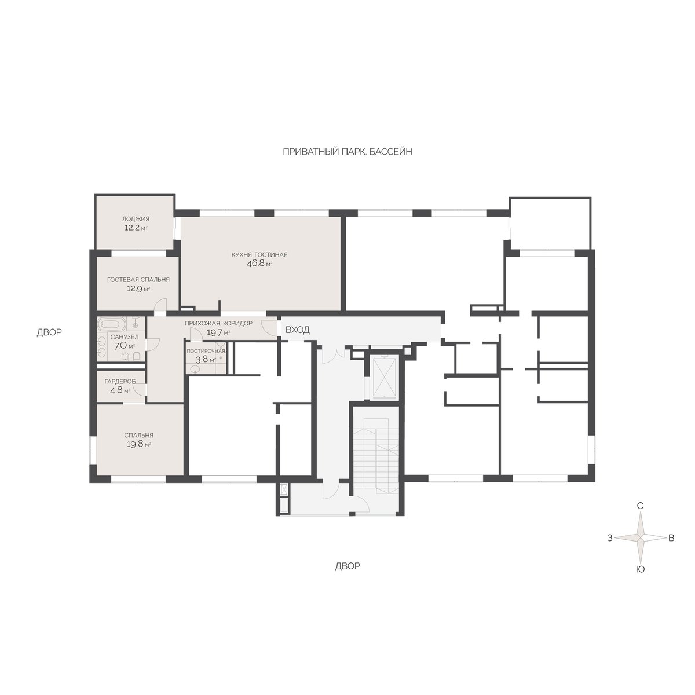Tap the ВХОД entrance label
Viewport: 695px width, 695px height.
pyautogui.click(x=297, y=330)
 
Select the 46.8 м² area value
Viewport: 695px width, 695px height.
pyautogui.click(x=259, y=264)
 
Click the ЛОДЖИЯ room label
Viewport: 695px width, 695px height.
pyautogui.click(x=136, y=219)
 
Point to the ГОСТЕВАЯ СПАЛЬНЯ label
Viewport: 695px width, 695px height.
pyautogui.click(x=138, y=280)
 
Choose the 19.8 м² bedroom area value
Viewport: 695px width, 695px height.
pyautogui.click(x=138, y=445)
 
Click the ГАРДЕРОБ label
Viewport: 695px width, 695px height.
pyautogui.click(x=120, y=381)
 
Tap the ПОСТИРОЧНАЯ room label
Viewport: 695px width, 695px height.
pyautogui.click(x=206, y=350)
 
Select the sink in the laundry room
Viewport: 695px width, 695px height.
pyautogui.click(x=195, y=368)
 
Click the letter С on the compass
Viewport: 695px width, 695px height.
pyautogui.click(x=640, y=506)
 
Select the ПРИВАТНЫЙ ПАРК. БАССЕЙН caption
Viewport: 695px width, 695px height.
pyautogui.click(x=348, y=152)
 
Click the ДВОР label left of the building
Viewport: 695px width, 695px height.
pyautogui.click(x=49, y=332)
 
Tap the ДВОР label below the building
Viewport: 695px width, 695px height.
pyautogui.click(x=348, y=566)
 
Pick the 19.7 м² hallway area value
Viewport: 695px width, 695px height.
pyautogui.click(x=218, y=332)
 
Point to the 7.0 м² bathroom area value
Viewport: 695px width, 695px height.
pyautogui.click(x=125, y=346)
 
